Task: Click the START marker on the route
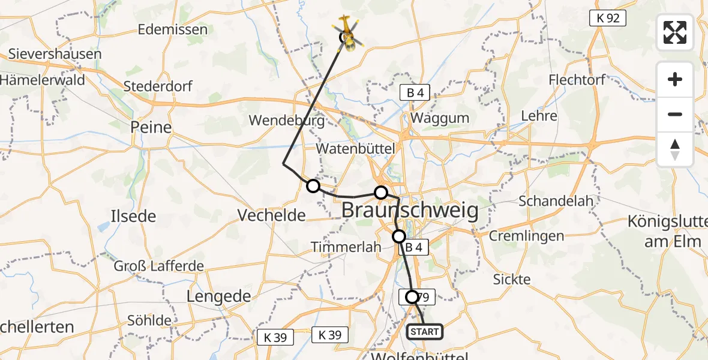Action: pos(425,331)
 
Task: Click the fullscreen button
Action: pos(675,32)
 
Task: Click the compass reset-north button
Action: pos(675,149)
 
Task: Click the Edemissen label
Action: pos(173,29)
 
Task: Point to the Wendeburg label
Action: pos(286,120)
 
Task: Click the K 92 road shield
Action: pos(608,19)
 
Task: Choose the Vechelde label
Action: pos(272,215)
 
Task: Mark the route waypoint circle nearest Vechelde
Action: pos(313,186)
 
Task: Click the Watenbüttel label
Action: pos(356,148)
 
